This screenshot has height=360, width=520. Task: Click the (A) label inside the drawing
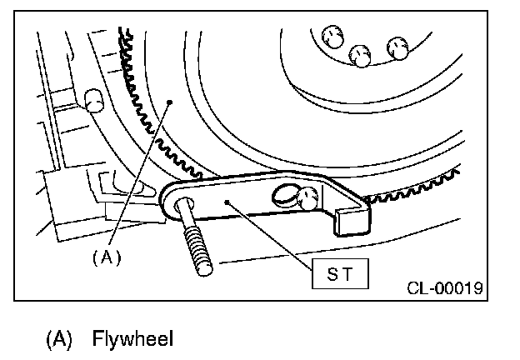point(106,257)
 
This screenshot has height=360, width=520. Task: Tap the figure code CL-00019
point(445,289)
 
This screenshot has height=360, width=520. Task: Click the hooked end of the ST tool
point(352,218)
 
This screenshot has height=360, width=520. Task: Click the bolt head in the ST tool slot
point(309,198)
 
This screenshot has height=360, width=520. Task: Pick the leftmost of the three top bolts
point(330,37)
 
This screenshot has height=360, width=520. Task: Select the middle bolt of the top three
point(361,55)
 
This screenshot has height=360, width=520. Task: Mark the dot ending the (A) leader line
point(169,102)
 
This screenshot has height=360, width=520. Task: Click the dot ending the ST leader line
point(227,200)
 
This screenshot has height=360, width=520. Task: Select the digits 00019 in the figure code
point(460,289)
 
